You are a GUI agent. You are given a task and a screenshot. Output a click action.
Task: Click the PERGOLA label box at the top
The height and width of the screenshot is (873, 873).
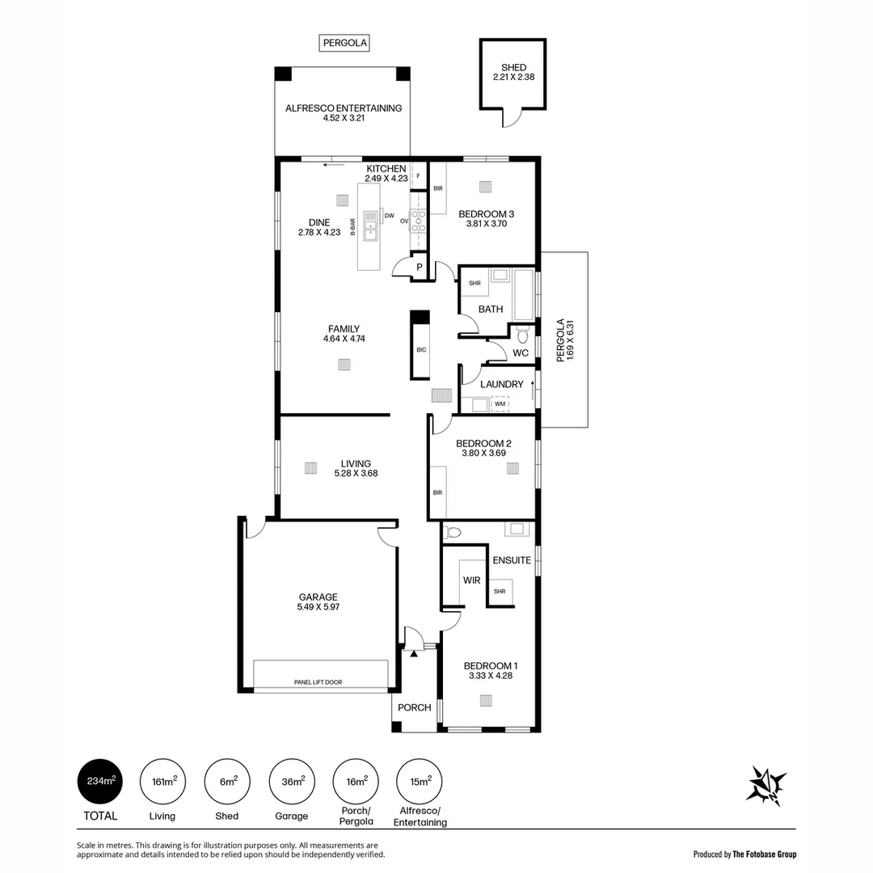pyautogui.click(x=344, y=44)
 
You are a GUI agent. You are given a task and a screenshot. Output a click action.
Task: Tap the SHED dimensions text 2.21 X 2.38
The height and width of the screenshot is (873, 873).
pyautogui.click(x=513, y=78)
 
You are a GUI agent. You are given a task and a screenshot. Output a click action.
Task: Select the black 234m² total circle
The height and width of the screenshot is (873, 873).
pyautogui.click(x=102, y=782)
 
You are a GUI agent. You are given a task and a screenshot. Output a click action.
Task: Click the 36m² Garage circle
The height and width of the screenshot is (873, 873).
pyautogui.click(x=292, y=782)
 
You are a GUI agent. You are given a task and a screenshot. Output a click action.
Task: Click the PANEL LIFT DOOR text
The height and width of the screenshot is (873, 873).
pyautogui.click(x=318, y=682)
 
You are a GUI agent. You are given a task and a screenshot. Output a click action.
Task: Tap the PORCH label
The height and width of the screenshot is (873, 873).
pyautogui.click(x=414, y=707)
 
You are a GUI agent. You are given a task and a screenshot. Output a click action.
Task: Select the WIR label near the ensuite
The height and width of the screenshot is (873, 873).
pyautogui.click(x=471, y=580)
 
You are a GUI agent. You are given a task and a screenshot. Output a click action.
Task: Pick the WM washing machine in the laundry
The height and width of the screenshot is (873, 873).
pyautogui.click(x=500, y=404)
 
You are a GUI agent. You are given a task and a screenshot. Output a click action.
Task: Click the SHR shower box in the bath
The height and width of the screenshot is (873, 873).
pyautogui.click(x=474, y=283)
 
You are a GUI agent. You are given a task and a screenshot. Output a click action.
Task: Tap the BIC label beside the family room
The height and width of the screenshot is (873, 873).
pyautogui.click(x=420, y=350)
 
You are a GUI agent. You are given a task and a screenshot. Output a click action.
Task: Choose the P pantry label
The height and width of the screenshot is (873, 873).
pyautogui.click(x=419, y=267)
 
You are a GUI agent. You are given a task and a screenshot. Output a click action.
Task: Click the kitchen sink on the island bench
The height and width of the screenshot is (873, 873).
pyautogui.click(x=370, y=226)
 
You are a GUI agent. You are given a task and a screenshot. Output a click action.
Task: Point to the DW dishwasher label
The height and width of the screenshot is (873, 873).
pyautogui.click(x=389, y=216)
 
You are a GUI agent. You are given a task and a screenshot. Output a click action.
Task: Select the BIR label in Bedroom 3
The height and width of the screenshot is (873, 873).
pyautogui.click(x=437, y=188)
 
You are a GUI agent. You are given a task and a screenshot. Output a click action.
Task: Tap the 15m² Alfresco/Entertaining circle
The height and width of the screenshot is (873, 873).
pyautogui.click(x=419, y=782)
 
